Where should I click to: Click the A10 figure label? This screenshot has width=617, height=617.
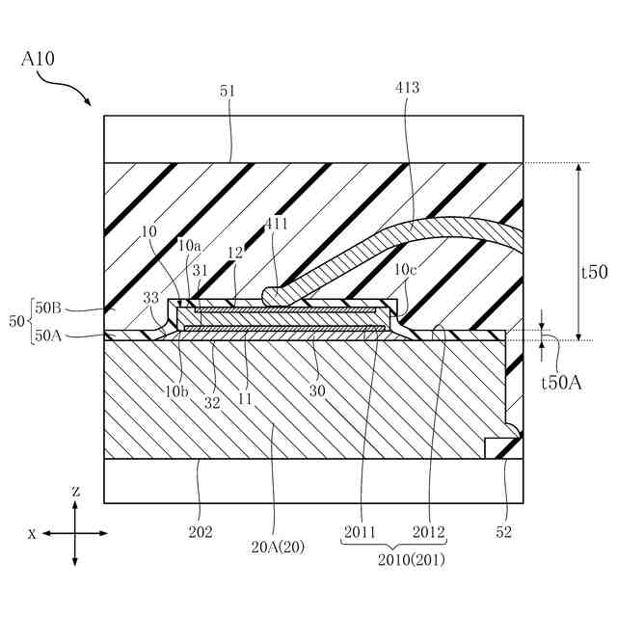point(38,59)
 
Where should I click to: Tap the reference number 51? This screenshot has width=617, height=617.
point(228,91)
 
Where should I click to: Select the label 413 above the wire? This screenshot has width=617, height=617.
point(407,88)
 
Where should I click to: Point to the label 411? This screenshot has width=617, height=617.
point(277,225)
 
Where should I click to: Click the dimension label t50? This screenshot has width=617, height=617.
point(595,272)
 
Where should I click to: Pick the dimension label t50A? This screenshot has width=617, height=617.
point(561,383)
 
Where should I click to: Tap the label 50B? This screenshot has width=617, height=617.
point(48,308)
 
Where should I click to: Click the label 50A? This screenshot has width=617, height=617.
point(48,335)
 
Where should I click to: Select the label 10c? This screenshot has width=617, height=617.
point(405,270)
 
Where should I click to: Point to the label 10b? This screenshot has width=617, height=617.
point(176,391)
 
